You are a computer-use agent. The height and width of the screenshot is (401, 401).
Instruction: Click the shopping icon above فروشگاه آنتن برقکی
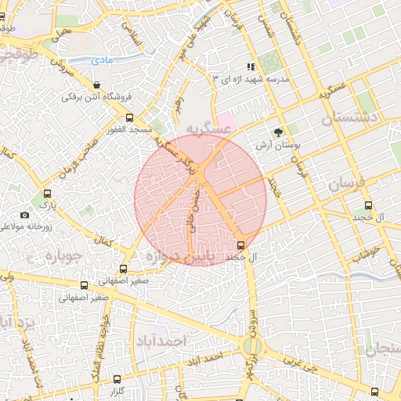point(96,85)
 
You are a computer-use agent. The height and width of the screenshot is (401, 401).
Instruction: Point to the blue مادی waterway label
point(102,60)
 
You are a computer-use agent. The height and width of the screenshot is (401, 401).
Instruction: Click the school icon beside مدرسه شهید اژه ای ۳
point(251,67)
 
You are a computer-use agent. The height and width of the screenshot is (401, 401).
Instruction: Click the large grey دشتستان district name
point(350,119)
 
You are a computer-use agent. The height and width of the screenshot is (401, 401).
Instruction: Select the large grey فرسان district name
point(347,184)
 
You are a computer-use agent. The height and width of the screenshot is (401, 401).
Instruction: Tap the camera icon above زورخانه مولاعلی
point(24,215)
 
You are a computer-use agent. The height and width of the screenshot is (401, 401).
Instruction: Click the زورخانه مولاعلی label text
point(25,227)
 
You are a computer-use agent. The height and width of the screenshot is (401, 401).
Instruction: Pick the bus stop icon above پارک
point(48,193)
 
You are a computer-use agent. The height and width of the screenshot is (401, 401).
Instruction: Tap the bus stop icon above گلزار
point(117,379)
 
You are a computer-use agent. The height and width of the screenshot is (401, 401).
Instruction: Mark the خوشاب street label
point(364,251)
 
